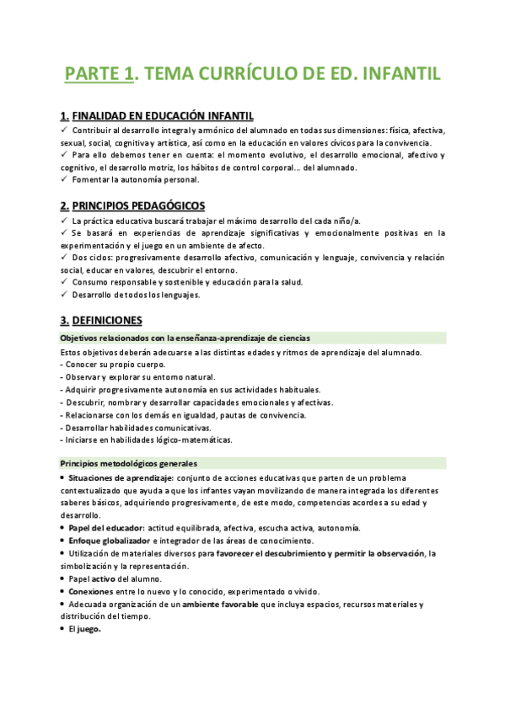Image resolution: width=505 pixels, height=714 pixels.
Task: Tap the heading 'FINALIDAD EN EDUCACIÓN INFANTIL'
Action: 163,115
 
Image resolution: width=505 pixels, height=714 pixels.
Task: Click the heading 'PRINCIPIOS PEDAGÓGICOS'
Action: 138,205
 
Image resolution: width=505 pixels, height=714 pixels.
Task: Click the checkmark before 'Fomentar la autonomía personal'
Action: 65,180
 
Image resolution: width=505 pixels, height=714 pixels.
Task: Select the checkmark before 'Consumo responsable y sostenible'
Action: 65,282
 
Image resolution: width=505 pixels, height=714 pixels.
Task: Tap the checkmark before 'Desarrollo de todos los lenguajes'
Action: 65,295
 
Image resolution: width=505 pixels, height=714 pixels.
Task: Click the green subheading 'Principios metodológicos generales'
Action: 128,464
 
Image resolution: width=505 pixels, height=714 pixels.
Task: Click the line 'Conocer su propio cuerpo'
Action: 113,365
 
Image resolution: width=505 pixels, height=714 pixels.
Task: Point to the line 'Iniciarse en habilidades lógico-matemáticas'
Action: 147,440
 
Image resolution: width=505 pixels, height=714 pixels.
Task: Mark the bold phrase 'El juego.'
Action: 85,630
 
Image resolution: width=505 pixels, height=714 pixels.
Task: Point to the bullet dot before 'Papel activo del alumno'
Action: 63,579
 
